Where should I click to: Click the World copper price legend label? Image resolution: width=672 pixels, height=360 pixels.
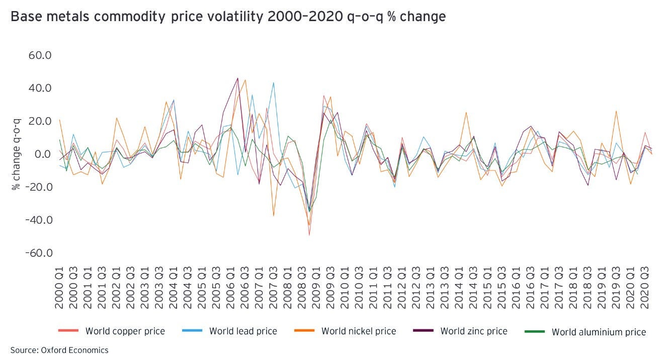click(125, 331)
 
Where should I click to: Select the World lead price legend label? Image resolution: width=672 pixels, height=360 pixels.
click(243, 331)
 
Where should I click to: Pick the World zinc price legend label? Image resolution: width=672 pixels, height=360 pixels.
click(474, 331)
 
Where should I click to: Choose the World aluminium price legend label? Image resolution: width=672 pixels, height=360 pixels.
click(599, 332)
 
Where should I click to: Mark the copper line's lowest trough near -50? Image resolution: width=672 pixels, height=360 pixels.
click(309, 235)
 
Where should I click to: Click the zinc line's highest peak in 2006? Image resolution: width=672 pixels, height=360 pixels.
click(238, 78)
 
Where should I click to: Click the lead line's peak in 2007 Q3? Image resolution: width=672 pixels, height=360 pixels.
click(274, 83)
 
